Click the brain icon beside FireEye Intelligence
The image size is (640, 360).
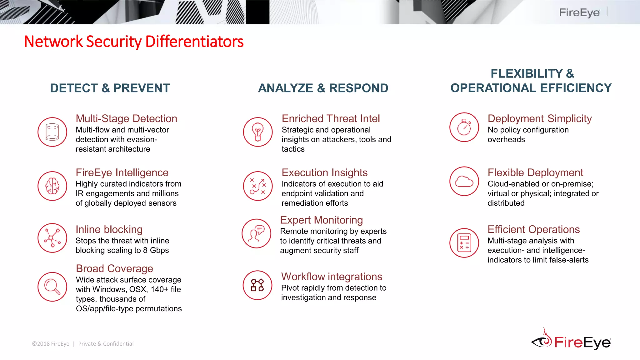(x=52, y=186)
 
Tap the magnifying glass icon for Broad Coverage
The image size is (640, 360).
(x=52, y=287)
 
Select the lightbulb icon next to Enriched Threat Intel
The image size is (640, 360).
(x=258, y=132)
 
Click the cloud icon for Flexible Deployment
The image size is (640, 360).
(x=464, y=181)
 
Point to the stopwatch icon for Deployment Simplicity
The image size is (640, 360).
(x=464, y=127)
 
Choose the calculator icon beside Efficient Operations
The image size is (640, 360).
(x=464, y=243)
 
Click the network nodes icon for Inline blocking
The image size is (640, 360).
(x=52, y=238)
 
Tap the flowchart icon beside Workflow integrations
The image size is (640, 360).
(x=257, y=285)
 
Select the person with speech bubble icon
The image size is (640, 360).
(x=256, y=233)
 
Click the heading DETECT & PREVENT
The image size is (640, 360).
(x=110, y=88)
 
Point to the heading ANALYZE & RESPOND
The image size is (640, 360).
(x=323, y=88)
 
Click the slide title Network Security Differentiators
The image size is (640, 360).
(x=134, y=42)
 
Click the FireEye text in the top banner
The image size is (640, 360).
(x=579, y=12)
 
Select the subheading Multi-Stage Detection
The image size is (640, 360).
(x=126, y=119)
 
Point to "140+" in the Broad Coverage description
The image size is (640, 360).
(x=159, y=289)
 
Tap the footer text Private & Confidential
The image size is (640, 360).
(x=106, y=344)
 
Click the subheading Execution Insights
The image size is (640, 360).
(x=324, y=172)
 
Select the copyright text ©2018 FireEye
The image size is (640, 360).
(x=51, y=344)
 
